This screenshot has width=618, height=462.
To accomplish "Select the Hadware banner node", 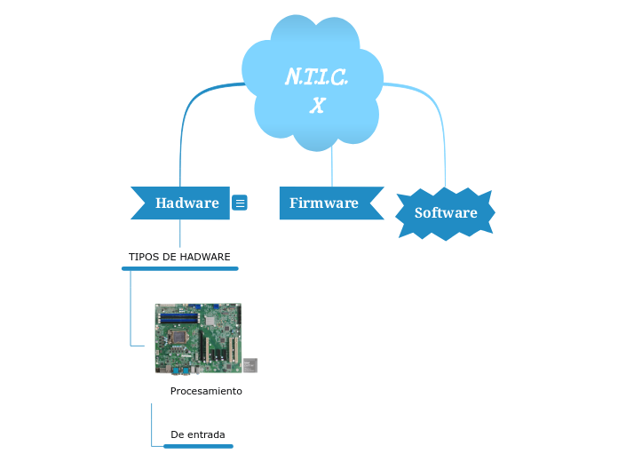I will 186,203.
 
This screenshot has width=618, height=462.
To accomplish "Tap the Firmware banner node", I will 324,203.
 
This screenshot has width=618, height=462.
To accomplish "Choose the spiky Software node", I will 446,212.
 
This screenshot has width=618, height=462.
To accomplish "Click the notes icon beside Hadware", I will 240,203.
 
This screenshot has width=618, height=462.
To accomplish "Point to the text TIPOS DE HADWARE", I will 179,257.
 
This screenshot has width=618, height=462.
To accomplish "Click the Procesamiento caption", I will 206,391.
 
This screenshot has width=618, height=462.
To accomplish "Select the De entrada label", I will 197,434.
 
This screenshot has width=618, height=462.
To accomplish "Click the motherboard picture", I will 198,339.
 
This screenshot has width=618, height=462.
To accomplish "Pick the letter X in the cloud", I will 317,106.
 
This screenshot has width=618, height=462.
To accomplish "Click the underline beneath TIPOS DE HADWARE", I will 179,267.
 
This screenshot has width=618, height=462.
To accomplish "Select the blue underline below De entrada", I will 198,446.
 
